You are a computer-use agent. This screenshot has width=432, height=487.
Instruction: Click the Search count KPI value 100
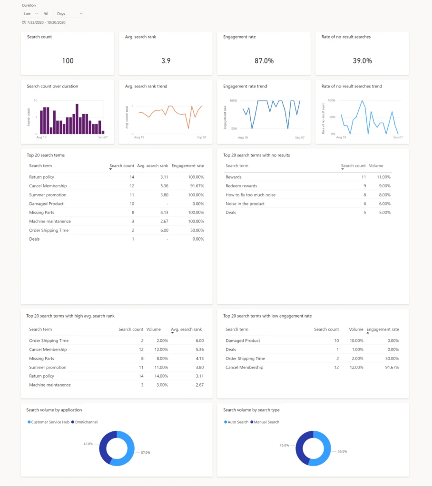click(x=68, y=61)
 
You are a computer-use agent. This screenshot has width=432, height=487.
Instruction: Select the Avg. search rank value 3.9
click(x=166, y=61)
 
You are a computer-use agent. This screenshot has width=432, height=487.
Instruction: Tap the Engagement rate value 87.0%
click(x=264, y=61)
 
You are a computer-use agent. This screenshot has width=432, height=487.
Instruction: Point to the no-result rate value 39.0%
click(x=362, y=61)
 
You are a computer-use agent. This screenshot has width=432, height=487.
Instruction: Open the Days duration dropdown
click(x=69, y=14)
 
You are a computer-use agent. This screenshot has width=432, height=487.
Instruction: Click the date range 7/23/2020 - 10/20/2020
click(x=46, y=22)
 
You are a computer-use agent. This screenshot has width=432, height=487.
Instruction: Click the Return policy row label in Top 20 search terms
click(x=41, y=177)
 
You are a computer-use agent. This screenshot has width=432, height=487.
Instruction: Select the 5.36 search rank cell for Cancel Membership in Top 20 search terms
click(x=162, y=186)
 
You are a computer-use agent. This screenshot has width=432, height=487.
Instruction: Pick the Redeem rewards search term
click(x=241, y=186)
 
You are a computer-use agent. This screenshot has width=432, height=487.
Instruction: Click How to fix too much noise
click(x=250, y=195)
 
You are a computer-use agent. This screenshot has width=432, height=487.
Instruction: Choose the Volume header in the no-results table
click(x=376, y=166)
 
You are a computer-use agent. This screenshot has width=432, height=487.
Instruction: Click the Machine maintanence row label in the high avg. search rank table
click(x=50, y=385)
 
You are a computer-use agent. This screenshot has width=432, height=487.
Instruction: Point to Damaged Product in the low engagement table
click(x=243, y=341)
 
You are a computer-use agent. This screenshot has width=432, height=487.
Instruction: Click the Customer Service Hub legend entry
click(x=50, y=422)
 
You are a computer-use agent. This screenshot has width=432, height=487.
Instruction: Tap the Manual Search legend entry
click(x=266, y=422)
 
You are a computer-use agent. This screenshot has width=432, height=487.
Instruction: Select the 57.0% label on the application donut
click(x=145, y=452)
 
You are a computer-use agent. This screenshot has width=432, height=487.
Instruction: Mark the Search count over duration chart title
click(x=52, y=86)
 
